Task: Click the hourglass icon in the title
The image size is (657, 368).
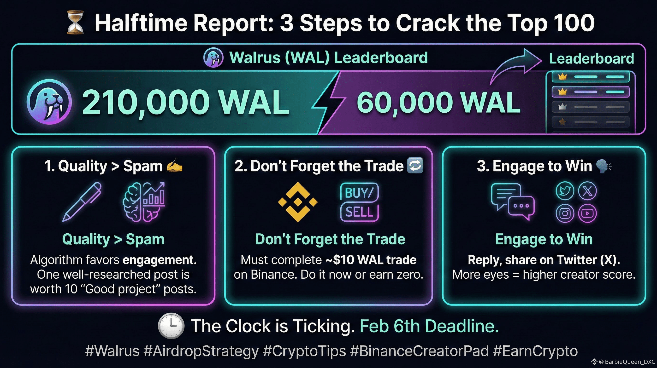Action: (75, 23)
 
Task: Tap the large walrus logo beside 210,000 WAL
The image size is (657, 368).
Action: (49, 102)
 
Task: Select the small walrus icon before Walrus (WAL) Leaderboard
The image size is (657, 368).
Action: (213, 57)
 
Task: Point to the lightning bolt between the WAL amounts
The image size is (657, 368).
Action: (329, 102)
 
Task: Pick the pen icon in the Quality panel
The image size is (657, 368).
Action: (82, 202)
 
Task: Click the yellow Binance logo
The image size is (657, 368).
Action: (298, 202)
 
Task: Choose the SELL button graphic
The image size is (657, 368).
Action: (359, 212)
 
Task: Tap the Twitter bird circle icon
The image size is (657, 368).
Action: (565, 191)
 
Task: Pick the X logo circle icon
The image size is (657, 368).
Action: (587, 191)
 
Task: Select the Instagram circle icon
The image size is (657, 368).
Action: (565, 213)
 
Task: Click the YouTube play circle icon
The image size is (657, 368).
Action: (587, 213)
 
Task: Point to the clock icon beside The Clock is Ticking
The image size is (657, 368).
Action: (171, 326)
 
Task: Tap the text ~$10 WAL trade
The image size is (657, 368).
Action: (371, 260)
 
